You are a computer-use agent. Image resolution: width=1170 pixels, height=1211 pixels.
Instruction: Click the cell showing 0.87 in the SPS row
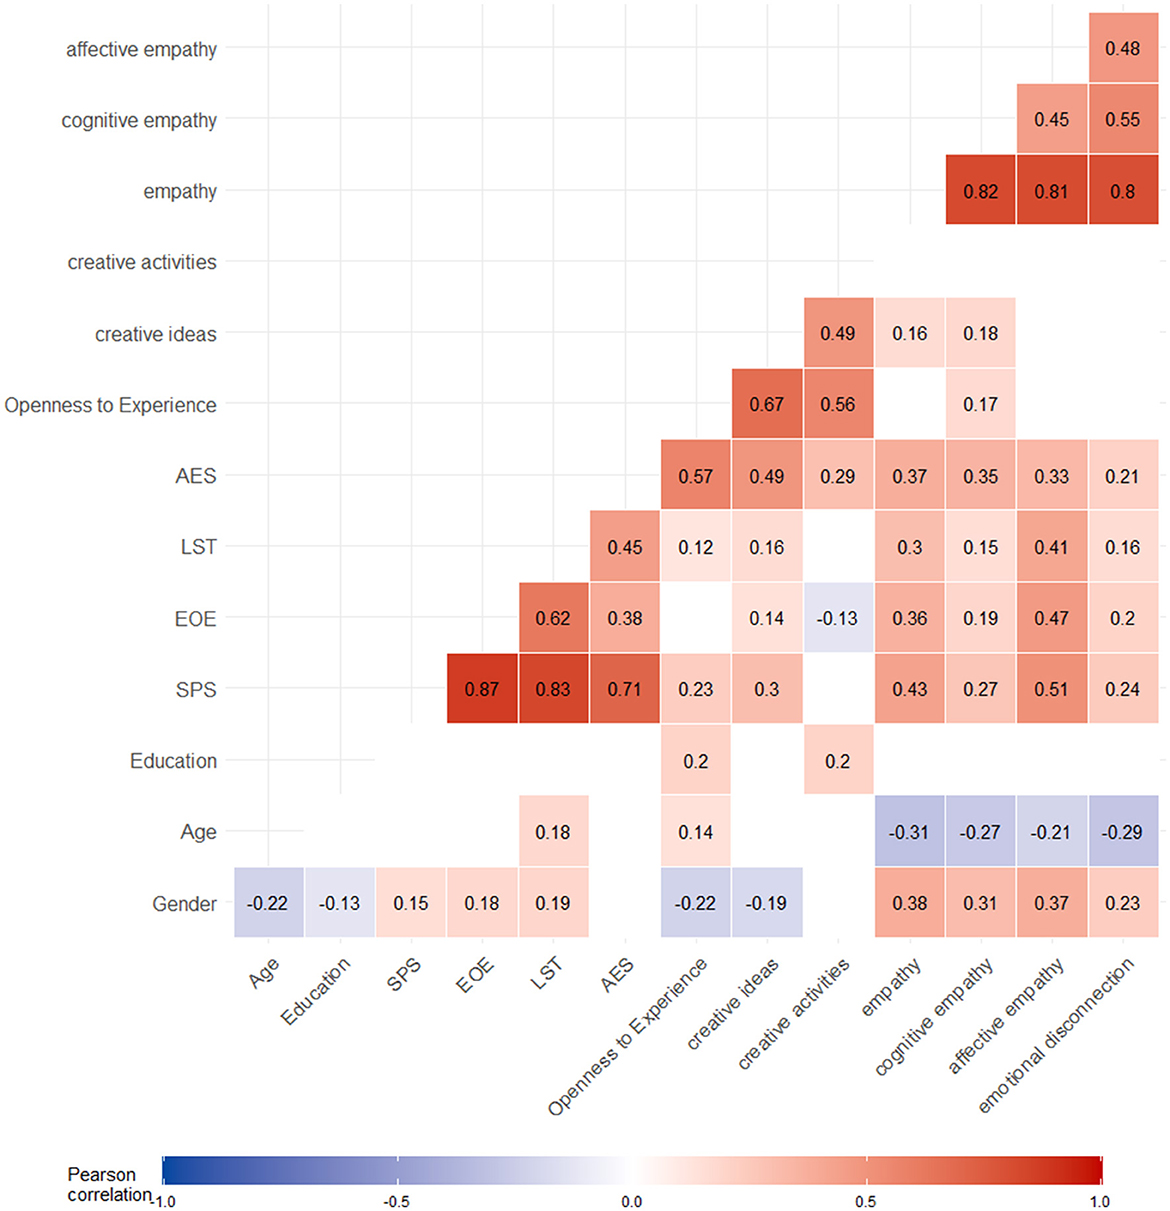pyautogui.click(x=482, y=689)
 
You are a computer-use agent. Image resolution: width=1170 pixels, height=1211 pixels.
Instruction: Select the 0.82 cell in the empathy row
pyautogui.click(x=980, y=191)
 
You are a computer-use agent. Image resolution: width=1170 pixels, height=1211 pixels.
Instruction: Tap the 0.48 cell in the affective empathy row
pyautogui.click(x=1122, y=48)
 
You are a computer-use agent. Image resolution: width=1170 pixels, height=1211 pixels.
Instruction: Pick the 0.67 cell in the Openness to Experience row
pyautogui.click(x=766, y=404)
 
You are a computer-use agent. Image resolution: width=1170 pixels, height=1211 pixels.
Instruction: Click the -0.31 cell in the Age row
pyautogui.click(x=909, y=832)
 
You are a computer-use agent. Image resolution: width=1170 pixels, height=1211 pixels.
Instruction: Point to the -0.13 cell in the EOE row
pyautogui.click(x=837, y=618)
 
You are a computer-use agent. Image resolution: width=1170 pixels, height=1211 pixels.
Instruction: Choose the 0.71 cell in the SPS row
pyautogui.click(x=624, y=689)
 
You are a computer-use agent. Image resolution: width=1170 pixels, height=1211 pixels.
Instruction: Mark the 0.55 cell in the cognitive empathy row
pyautogui.click(x=1122, y=120)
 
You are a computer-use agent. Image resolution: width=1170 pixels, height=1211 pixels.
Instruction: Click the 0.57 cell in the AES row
pyautogui.click(x=695, y=476)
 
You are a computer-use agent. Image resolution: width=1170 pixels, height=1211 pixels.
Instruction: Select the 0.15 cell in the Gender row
pyautogui.click(x=410, y=903)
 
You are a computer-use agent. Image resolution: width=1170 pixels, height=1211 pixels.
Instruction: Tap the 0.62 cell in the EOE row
pyautogui.click(x=552, y=618)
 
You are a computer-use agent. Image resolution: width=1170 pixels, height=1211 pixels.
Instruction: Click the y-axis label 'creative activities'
pyautogui.click(x=142, y=262)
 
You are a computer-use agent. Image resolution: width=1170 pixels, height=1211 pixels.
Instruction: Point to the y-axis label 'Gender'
pyautogui.click(x=184, y=904)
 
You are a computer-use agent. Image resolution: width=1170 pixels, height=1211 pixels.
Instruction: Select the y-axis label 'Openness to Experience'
pyautogui.click(x=110, y=405)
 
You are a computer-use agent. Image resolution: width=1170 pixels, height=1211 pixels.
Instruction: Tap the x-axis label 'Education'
pyautogui.click(x=316, y=991)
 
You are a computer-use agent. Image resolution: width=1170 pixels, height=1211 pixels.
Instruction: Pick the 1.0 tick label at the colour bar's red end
pyautogui.click(x=1100, y=1201)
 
